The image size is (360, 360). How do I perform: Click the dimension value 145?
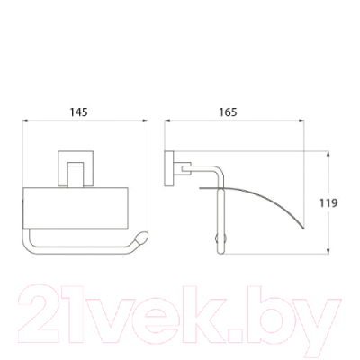79,112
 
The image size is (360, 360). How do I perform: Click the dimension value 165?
228,112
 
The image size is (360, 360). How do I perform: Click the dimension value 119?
328,203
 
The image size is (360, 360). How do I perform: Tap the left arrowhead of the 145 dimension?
25,121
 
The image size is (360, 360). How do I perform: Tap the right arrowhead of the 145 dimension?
146,121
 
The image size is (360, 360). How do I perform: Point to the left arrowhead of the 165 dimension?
167,121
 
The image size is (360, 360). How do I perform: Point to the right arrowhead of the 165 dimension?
301,121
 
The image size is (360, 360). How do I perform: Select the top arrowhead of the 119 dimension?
328,154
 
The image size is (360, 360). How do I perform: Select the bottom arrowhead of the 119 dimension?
328,251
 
